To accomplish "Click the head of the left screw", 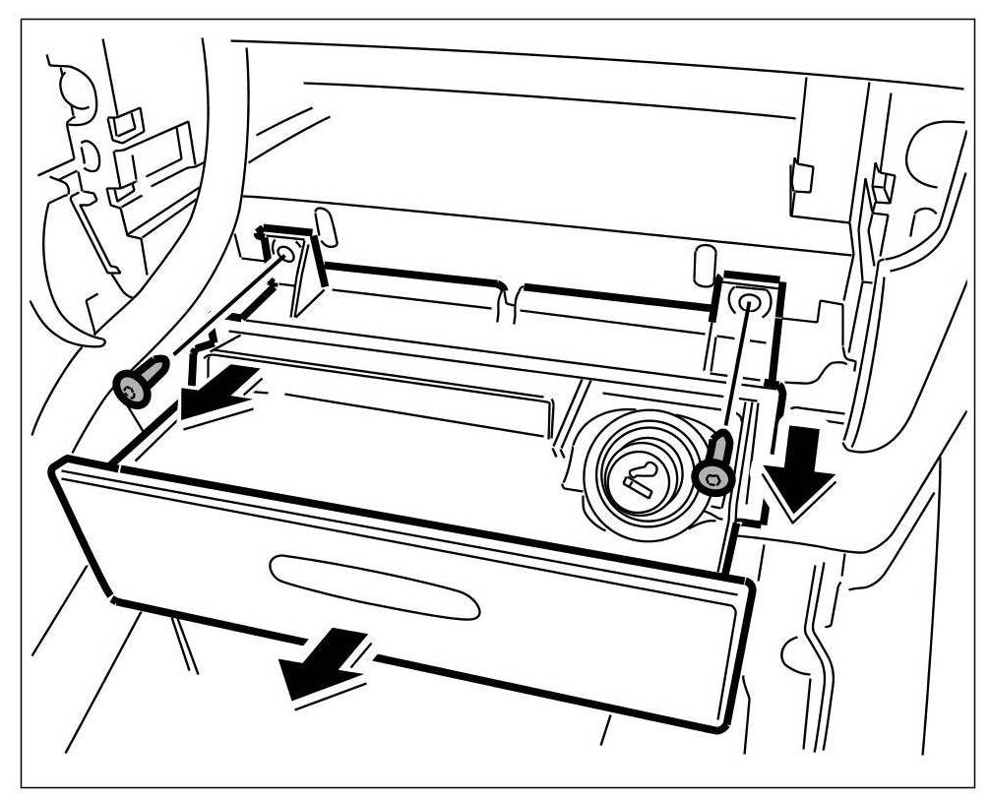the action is [x=131, y=391].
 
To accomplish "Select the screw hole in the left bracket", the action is [x=285, y=253].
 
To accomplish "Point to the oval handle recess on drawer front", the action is [x=375, y=587].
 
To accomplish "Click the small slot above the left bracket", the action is [x=326, y=225].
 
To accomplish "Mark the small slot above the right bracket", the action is [x=702, y=265].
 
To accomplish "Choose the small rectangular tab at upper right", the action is [x=801, y=176].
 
